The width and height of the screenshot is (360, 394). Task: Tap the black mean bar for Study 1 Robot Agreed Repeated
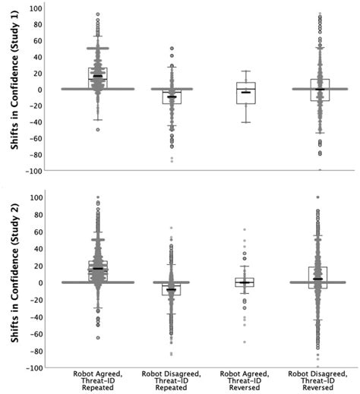97,76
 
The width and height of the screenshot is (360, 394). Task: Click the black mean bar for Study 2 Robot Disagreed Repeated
172,289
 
